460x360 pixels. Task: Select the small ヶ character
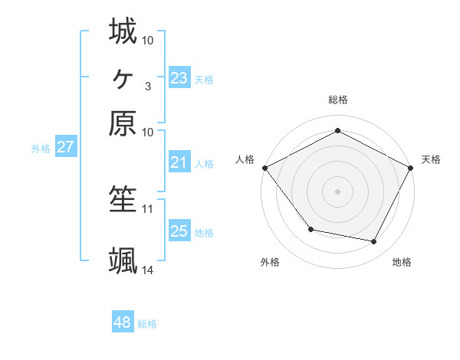(x=123, y=77)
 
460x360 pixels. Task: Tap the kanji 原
(x=123, y=123)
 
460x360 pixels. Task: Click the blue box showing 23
(x=179, y=77)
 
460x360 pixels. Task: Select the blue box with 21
(x=179, y=162)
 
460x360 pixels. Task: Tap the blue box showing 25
(x=179, y=231)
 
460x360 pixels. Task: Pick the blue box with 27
(x=65, y=147)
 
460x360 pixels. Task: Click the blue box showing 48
(x=122, y=322)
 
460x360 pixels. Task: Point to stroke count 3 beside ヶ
(x=147, y=86)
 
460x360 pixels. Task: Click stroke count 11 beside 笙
(x=148, y=208)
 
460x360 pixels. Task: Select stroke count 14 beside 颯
(x=148, y=270)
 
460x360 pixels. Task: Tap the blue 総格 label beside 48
(x=147, y=324)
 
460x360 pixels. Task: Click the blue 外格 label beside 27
(x=41, y=149)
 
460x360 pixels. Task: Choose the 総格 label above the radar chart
(x=337, y=100)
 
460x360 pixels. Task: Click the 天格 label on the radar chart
(x=431, y=159)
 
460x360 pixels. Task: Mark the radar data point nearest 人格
(x=264, y=167)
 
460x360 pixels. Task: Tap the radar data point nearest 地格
(x=374, y=242)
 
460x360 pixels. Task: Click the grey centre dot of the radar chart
(x=337, y=191)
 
